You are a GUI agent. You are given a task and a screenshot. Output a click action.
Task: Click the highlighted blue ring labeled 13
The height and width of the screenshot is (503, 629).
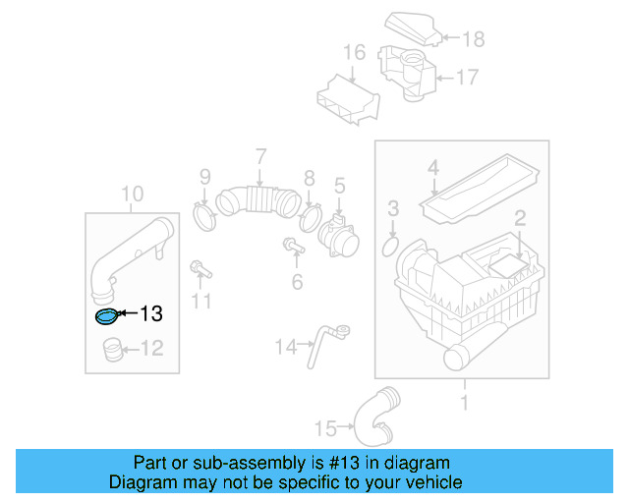105,315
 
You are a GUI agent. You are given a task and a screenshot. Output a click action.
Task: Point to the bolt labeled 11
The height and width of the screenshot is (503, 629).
198,268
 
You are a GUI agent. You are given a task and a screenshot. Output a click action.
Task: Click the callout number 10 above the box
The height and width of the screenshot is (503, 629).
133,194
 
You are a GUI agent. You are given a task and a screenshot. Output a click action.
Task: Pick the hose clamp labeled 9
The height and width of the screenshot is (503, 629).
203,214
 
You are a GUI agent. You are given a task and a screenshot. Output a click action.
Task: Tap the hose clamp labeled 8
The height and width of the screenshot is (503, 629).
312,214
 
